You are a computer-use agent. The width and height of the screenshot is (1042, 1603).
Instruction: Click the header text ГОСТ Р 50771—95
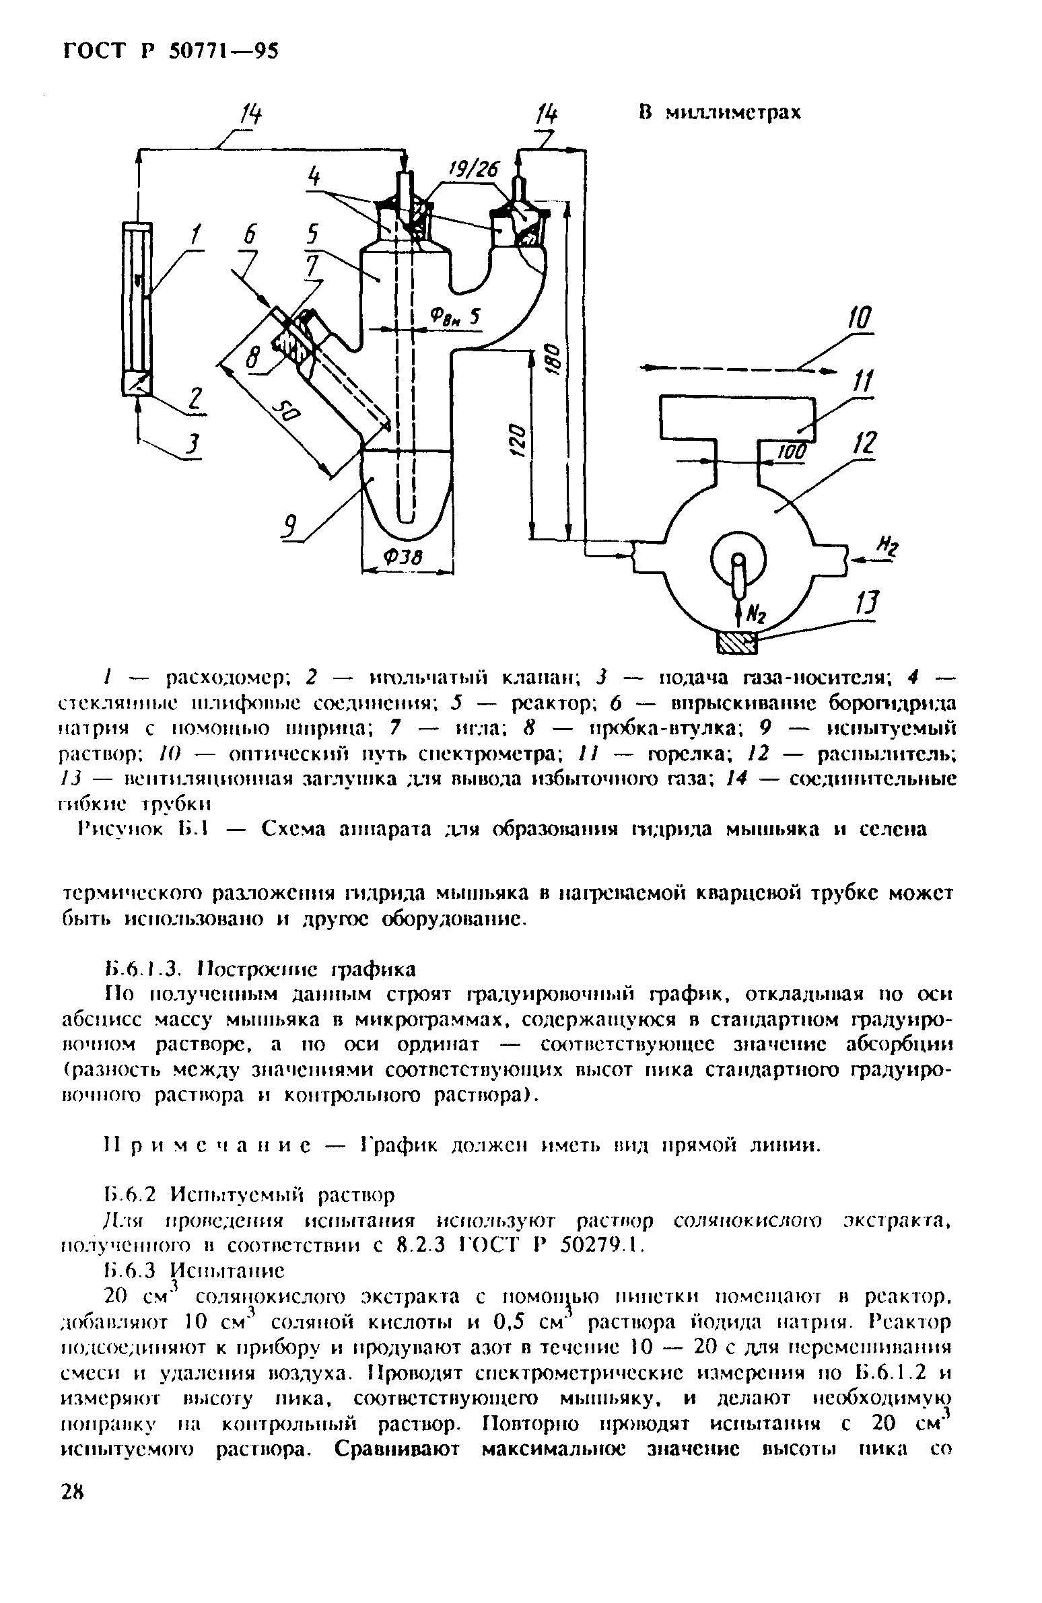pos(170,51)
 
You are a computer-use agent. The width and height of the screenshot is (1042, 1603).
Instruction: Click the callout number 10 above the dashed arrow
pos(861,319)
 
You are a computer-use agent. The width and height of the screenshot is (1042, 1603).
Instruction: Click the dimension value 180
pos(550,363)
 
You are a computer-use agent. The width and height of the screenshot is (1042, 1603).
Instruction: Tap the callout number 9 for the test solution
pos(291,527)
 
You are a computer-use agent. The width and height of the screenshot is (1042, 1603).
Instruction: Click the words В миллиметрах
pos(720,112)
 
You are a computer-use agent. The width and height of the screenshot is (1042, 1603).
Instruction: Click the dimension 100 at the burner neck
pos(792,453)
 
